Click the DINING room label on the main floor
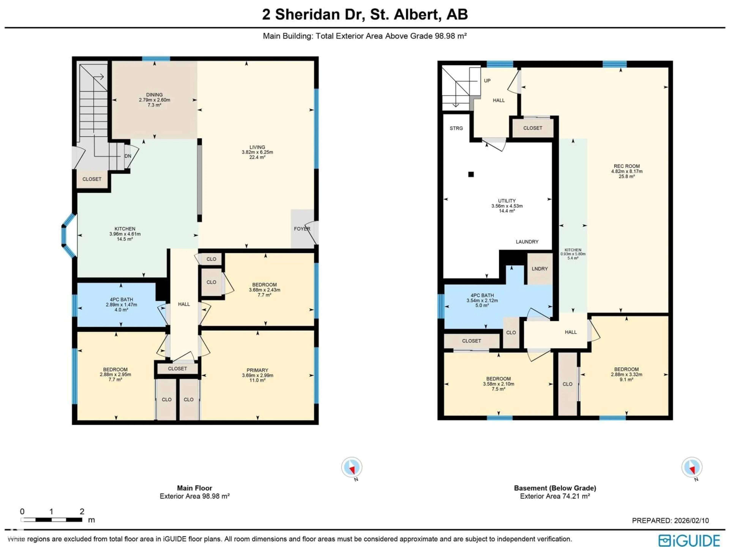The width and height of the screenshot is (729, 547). point(154,95)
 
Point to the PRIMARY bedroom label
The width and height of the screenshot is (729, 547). point(257,370)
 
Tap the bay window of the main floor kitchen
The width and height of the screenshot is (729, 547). point(68,235)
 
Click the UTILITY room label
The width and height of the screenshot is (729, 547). point(507,201)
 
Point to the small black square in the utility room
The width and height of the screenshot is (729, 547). point(471,174)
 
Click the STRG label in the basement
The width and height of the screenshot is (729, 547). point(456,128)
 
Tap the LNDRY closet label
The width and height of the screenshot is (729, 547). point(540,269)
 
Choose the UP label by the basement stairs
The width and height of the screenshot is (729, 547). point(487,81)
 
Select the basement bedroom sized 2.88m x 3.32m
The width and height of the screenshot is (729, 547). point(626,374)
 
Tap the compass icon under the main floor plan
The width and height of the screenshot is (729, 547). point(352,467)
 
